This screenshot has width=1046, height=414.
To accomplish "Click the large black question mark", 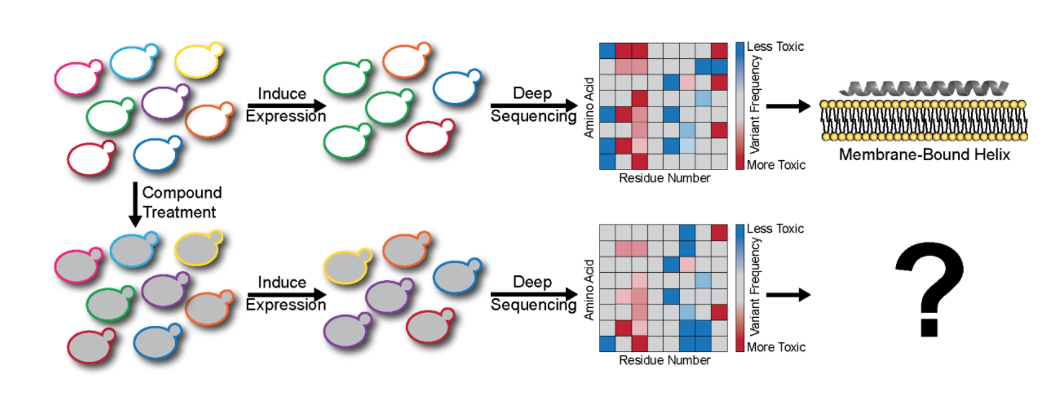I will click(928, 288).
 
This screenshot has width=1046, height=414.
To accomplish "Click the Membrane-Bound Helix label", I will click(924, 155).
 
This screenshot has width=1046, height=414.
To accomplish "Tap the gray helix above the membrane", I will click(924, 88).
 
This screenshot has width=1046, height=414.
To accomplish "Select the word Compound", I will click(182, 193).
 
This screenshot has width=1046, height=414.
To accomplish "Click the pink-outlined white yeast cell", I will click(78, 77).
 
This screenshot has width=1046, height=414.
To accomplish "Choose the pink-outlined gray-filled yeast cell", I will click(78, 266).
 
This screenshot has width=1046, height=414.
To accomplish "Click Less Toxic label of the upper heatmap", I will click(775, 47).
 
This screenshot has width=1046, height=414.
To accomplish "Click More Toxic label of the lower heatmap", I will click(776, 347).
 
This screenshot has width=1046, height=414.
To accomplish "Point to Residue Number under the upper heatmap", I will click(664, 178).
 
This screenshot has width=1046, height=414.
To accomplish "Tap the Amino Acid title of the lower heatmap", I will click(589, 289).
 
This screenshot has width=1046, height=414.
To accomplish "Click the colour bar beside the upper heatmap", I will click(740, 106).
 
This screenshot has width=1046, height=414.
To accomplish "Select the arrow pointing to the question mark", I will click(787, 295).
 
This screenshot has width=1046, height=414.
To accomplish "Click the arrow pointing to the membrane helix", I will click(787, 106).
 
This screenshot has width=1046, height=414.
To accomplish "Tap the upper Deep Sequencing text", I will click(533, 104).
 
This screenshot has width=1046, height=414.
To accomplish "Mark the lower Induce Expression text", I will click(285, 293).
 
